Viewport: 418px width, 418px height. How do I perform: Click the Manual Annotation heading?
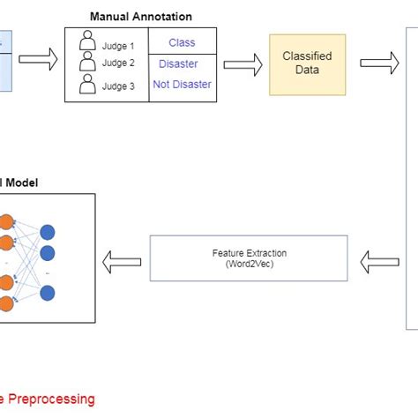[x=141, y=17]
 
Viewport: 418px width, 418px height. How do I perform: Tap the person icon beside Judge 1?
[x=86, y=41]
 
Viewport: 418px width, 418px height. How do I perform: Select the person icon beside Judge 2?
[x=86, y=63]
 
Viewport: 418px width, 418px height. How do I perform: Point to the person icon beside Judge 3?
[x=86, y=86]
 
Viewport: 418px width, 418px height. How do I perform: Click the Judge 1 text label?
[x=118, y=47]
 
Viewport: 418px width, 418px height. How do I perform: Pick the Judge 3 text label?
[x=118, y=87]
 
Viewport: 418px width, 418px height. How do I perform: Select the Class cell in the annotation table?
[x=182, y=42]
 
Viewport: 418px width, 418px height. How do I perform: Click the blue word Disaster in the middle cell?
[x=178, y=63]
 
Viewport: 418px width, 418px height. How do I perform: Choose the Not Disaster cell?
[x=182, y=85]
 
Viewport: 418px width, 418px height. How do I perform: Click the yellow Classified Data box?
[x=307, y=63]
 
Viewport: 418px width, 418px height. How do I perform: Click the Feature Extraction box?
[x=250, y=258]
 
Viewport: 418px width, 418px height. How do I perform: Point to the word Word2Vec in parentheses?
[x=250, y=264]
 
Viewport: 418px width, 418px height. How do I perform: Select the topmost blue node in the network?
[x=48, y=233]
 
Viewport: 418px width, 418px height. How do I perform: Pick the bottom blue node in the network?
[x=48, y=296]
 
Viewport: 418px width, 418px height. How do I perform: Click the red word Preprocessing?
[x=53, y=399]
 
